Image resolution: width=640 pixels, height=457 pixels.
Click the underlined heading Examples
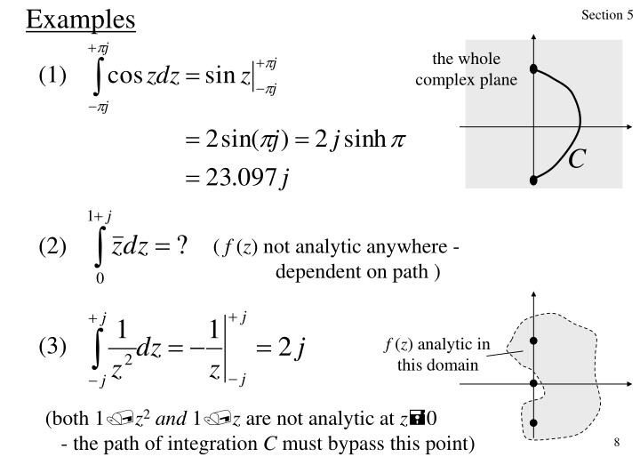tap(79, 19)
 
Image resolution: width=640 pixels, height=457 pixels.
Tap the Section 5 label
tap(608, 16)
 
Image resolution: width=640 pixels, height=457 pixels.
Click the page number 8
tap(615, 443)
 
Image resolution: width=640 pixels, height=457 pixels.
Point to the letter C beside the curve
tap(577, 159)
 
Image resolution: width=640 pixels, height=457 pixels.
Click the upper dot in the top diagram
tap(533, 68)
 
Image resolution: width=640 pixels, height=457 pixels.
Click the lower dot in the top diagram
tap(533, 180)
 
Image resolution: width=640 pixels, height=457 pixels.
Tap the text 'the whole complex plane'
tap(466, 68)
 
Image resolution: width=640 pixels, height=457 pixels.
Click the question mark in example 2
tap(180, 246)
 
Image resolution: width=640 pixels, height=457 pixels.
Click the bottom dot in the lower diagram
tap(533, 423)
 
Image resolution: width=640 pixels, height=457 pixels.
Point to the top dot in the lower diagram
tap(533, 341)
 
